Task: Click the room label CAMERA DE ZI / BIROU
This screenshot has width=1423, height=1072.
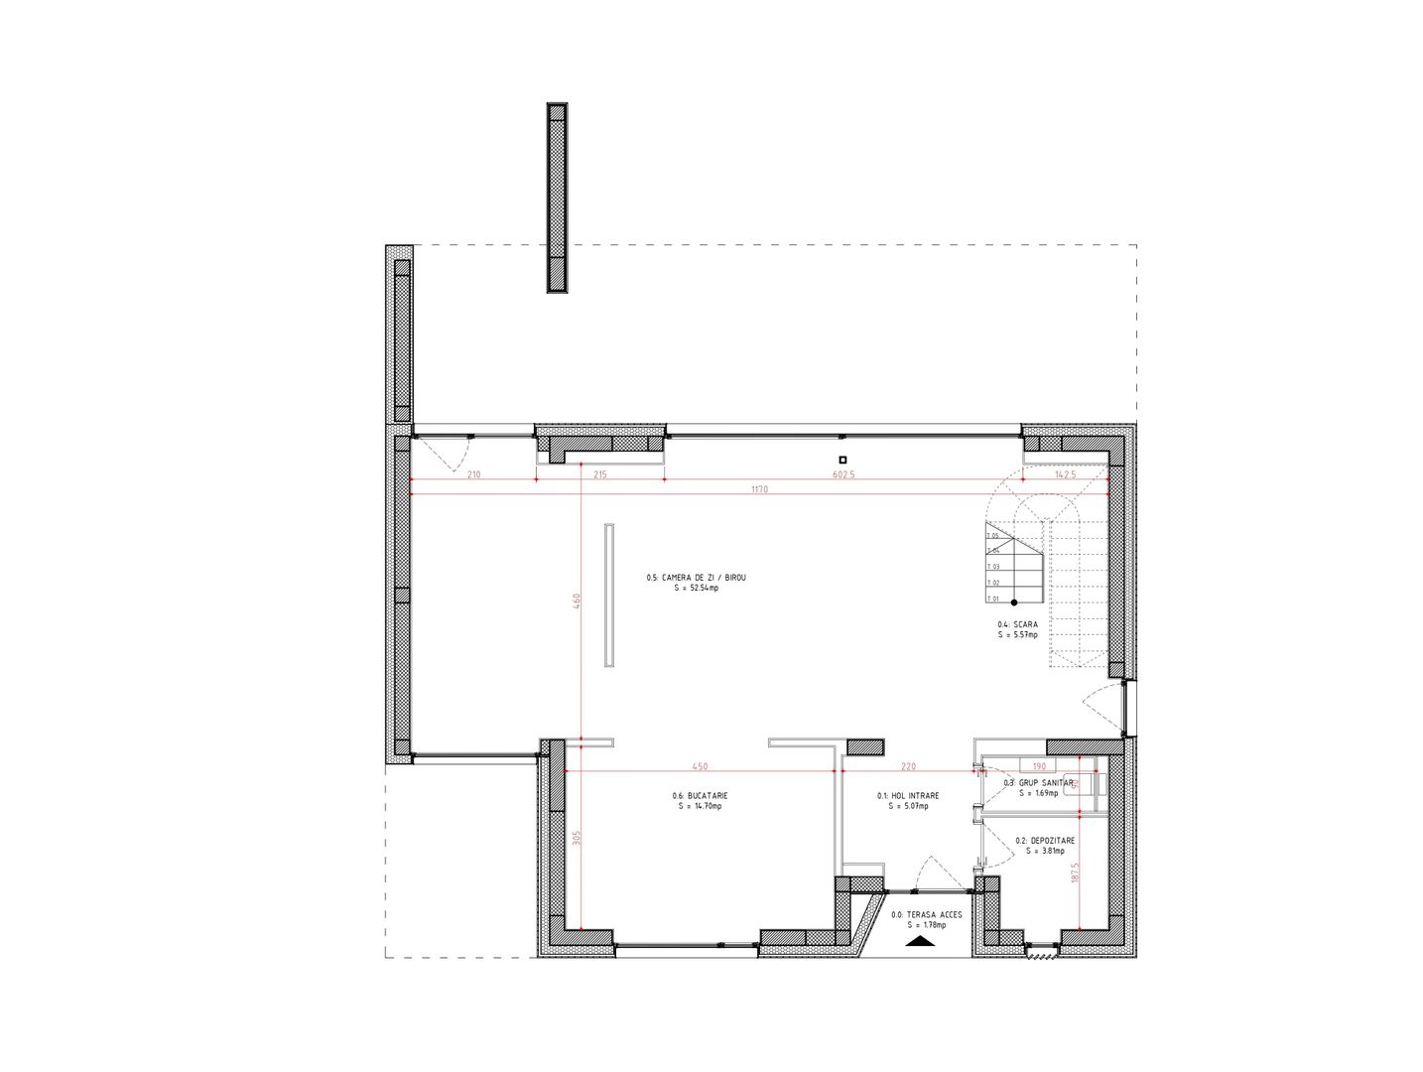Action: (x=696, y=577)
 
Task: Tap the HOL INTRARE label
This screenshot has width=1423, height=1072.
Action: (x=907, y=795)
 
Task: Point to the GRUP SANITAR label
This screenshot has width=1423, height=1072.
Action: (x=1038, y=782)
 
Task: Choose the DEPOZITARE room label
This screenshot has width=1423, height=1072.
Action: (x=1045, y=840)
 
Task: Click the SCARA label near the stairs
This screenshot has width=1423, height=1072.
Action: (x=1017, y=624)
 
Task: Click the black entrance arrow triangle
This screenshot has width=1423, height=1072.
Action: (x=920, y=938)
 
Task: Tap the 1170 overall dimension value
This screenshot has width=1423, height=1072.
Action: (x=758, y=489)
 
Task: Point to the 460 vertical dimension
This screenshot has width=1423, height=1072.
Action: (x=576, y=602)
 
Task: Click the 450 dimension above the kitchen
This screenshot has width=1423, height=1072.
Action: (x=699, y=765)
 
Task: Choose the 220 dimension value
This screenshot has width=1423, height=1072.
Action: (x=908, y=765)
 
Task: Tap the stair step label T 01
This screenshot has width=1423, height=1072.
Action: (x=992, y=599)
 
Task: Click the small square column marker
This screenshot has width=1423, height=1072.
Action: (x=841, y=459)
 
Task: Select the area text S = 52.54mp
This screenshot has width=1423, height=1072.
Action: (x=696, y=588)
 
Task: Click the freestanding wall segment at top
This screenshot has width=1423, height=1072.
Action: (x=557, y=198)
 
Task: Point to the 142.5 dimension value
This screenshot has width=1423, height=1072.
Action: (x=1064, y=475)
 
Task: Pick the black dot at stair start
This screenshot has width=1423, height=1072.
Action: (x=1014, y=603)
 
